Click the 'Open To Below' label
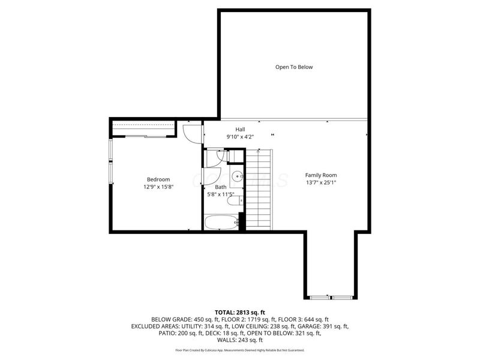point(294,67)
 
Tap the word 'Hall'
point(239,129)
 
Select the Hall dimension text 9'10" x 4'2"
point(239,137)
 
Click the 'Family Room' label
point(321,175)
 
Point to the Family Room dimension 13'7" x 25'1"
point(321,183)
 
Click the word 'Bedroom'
point(158,179)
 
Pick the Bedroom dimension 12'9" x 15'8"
point(158,187)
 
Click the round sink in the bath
point(238,176)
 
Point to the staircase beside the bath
point(259,189)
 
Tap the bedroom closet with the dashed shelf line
point(144,128)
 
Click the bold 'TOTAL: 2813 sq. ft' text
point(240,311)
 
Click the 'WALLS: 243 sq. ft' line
point(240,340)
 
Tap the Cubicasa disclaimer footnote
point(240,350)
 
